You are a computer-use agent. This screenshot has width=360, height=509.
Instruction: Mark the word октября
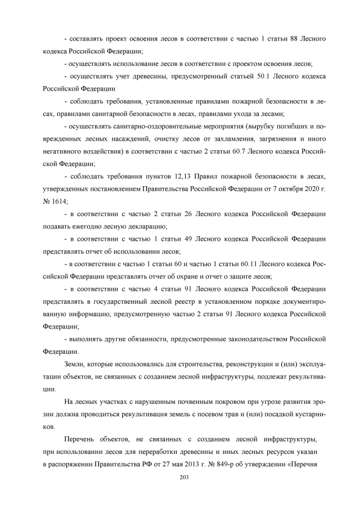click(x=285, y=188)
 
